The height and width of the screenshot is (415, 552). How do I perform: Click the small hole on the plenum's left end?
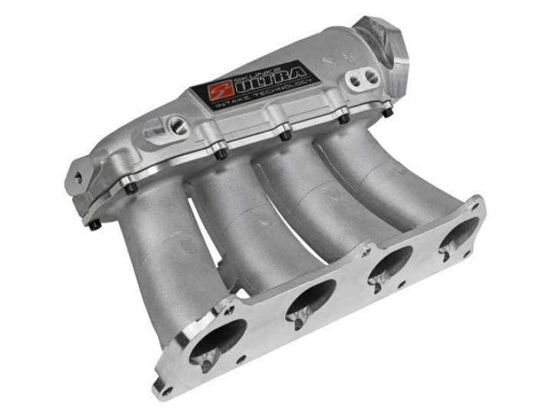(77, 177)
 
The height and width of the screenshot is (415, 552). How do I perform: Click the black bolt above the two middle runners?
(284, 136)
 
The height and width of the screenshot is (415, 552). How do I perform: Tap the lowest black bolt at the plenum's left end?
(94, 225)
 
